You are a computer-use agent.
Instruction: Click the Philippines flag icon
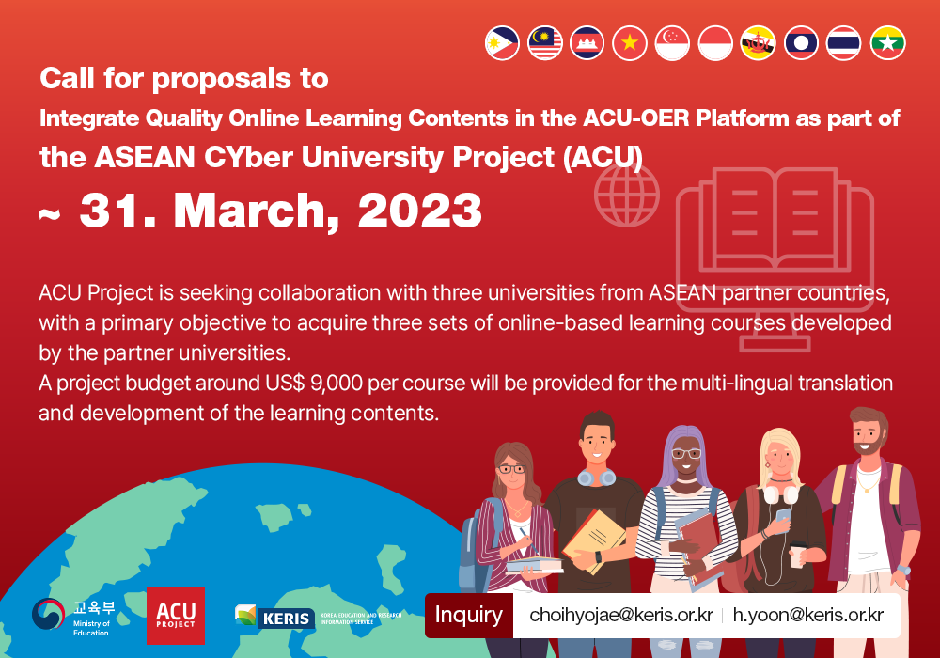pyautogui.click(x=502, y=43)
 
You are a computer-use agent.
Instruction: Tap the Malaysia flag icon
pyautogui.click(x=545, y=43)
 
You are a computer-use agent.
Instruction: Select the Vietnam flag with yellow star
pyautogui.click(x=630, y=43)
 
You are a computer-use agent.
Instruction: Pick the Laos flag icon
pyautogui.click(x=801, y=43)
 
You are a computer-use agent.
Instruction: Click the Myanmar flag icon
pyautogui.click(x=888, y=43)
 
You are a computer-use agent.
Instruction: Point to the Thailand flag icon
pyautogui.click(x=843, y=43)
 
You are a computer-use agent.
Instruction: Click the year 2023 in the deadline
pyautogui.click(x=419, y=211)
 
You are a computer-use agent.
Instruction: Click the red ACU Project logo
pyautogui.click(x=176, y=616)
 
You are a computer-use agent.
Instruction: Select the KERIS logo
pyautogui.click(x=275, y=618)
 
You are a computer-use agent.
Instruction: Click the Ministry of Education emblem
pyautogui.click(x=48, y=614)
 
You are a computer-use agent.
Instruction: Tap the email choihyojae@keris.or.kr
pyautogui.click(x=621, y=616)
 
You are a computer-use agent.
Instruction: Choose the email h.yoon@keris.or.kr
pyautogui.click(x=808, y=616)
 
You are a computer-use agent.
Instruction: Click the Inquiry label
pyautogui.click(x=469, y=616)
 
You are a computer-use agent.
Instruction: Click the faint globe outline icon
pyautogui.click(x=627, y=195)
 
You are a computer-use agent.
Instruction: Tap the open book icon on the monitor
pyautogui.click(x=775, y=219)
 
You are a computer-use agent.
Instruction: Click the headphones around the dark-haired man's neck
pyautogui.click(x=597, y=478)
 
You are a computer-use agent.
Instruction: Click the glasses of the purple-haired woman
pyautogui.click(x=686, y=454)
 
